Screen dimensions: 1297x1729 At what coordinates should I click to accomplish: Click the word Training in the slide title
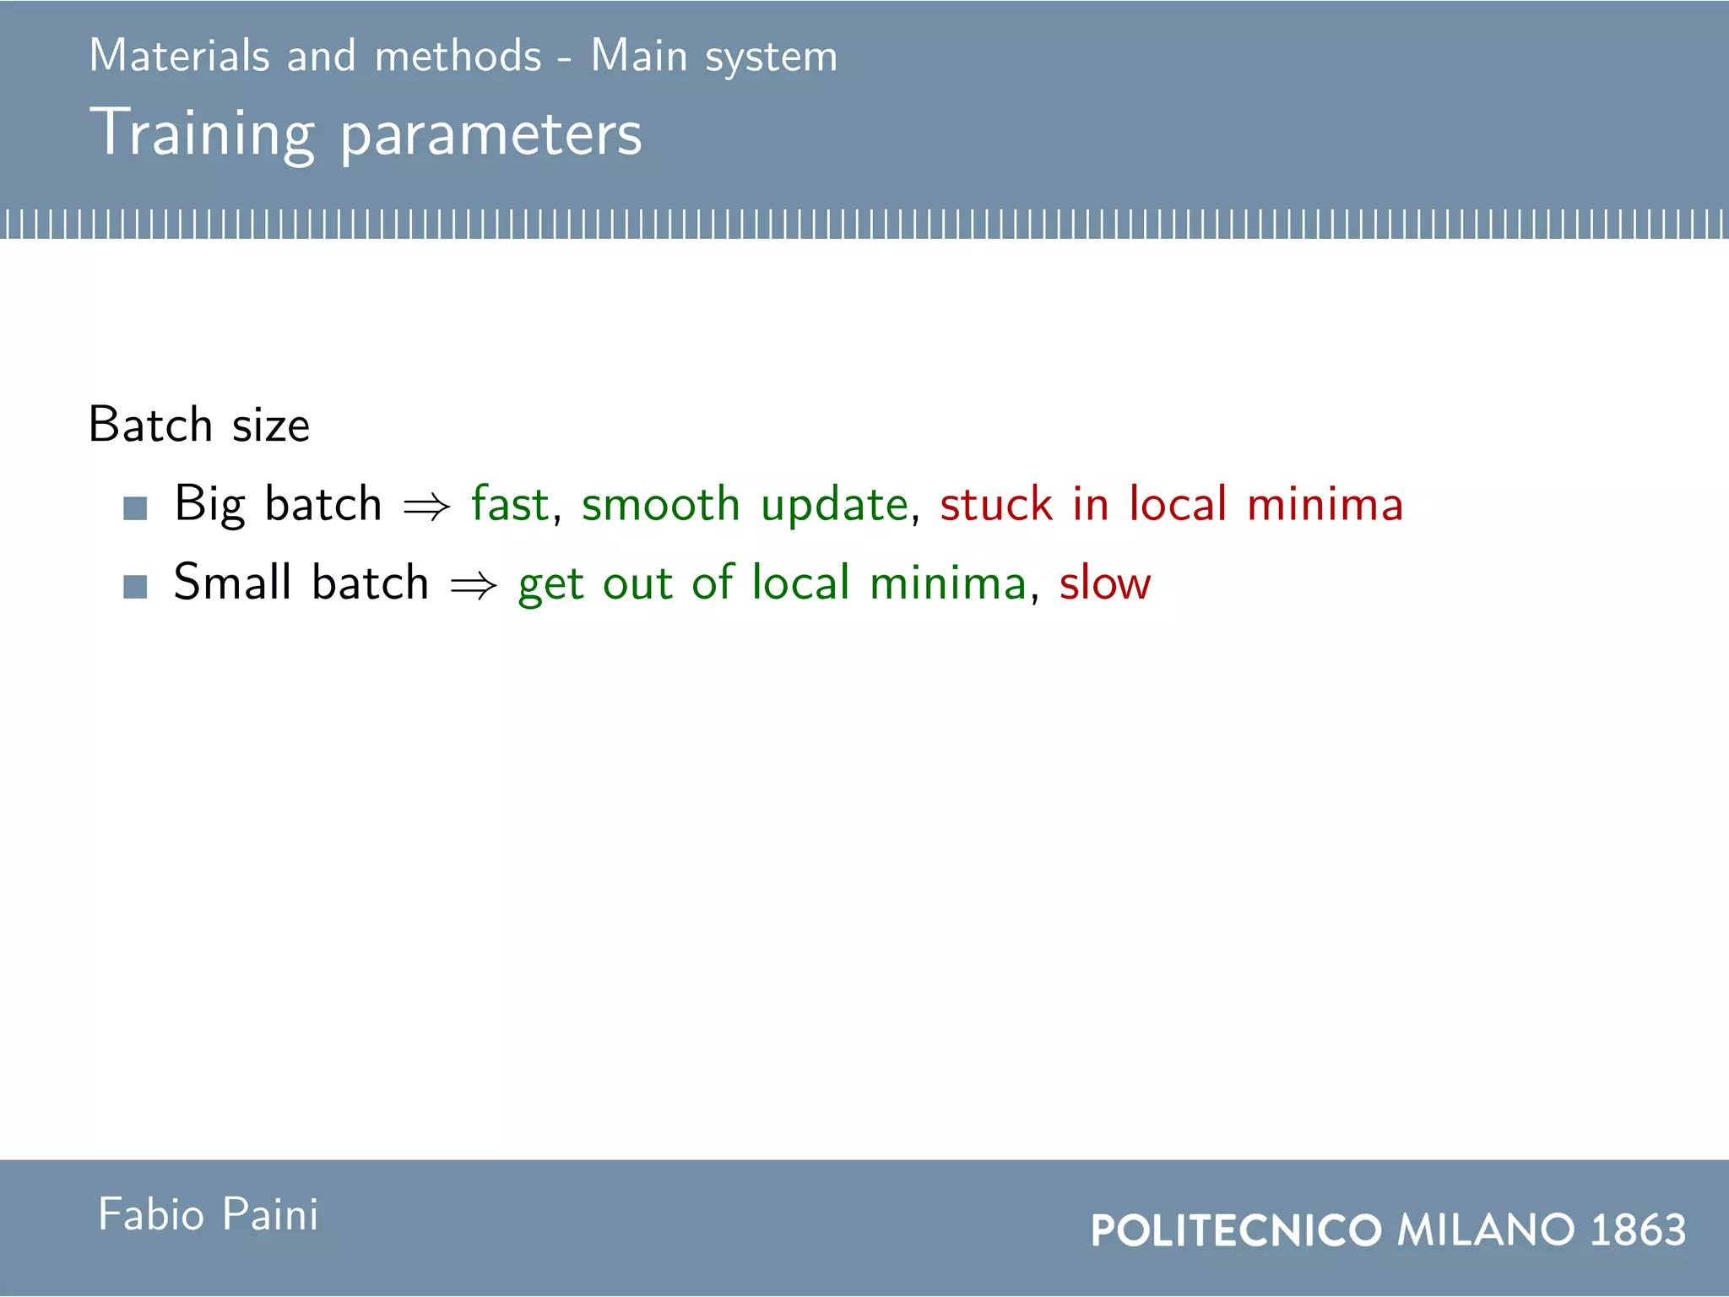203,133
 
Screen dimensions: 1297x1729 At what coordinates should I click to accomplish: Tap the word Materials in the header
179,56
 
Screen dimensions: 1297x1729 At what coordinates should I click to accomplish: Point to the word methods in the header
458,56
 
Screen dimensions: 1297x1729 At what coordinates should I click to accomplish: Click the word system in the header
771,57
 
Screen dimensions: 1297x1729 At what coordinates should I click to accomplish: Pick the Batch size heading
199,424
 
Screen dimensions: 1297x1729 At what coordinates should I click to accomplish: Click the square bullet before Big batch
135,507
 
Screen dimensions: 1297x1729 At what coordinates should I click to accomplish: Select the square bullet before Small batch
135,586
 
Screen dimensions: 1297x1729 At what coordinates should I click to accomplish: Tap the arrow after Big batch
426,507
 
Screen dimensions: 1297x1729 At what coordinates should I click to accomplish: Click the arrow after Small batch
474,585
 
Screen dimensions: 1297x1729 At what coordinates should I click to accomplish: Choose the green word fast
510,503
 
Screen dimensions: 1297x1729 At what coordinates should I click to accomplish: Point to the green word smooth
660,504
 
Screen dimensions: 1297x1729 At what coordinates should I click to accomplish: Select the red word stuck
996,504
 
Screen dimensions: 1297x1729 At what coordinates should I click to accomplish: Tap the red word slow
1105,583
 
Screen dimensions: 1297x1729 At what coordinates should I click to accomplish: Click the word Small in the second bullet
232,582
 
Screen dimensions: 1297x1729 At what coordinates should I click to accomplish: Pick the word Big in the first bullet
209,505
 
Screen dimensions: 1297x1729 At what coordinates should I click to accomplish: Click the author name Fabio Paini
209,1214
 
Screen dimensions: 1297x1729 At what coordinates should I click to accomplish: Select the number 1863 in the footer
1638,1229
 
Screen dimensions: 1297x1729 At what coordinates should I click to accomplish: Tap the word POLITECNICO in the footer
1236,1230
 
